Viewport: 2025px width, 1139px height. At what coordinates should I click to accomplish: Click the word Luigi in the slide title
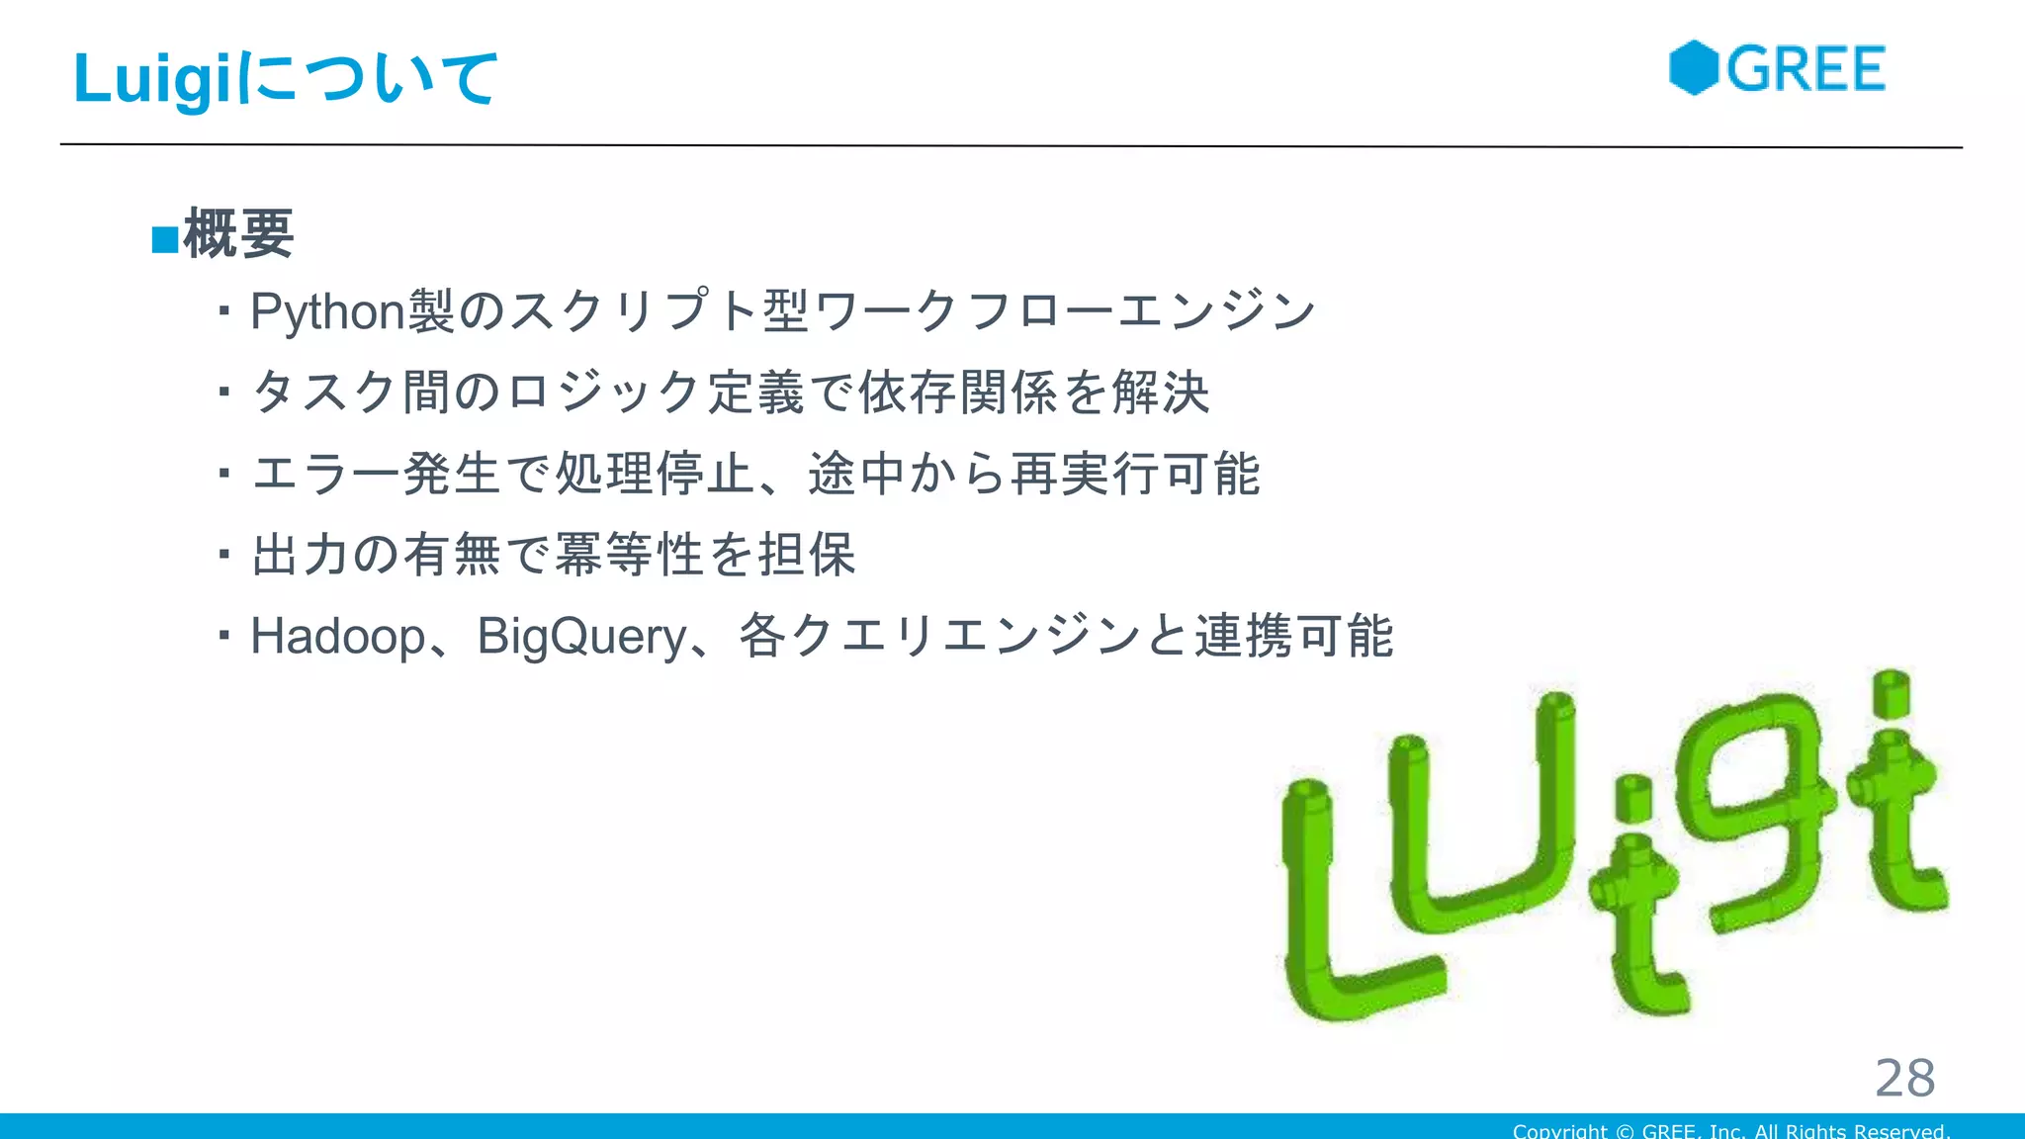[x=156, y=79]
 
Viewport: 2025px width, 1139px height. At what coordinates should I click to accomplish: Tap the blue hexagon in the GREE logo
[x=1693, y=68]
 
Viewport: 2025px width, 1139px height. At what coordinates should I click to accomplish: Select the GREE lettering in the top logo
[x=1805, y=69]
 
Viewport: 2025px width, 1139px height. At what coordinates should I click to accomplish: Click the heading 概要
[x=238, y=234]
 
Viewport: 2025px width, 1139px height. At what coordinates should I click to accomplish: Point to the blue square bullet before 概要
[x=164, y=239]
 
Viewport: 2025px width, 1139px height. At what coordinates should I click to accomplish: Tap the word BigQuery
[x=581, y=636]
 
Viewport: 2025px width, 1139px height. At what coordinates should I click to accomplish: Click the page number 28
[x=1904, y=1077]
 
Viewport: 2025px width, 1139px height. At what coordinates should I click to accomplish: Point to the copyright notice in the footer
[x=1730, y=1130]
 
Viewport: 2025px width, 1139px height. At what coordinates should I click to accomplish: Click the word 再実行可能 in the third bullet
[x=1135, y=474]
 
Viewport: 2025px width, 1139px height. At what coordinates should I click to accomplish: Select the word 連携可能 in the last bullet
[x=1293, y=636]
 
